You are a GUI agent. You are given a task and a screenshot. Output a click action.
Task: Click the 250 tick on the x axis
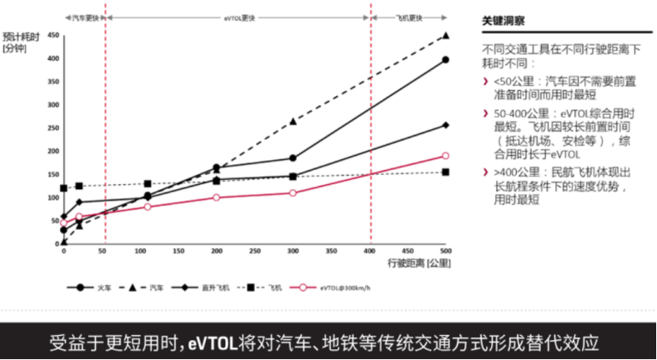[254, 250]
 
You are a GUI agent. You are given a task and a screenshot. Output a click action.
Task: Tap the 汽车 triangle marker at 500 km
[446, 36]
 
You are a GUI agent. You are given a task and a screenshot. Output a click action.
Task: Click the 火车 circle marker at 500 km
[446, 60]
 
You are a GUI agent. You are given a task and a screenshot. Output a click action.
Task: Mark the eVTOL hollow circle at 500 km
[446, 156]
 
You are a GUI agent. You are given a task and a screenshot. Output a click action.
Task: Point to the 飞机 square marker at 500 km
[446, 172]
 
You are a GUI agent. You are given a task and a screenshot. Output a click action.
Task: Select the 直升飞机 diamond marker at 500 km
[446, 126]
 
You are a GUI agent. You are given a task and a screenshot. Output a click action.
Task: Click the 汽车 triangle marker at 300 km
[293, 121]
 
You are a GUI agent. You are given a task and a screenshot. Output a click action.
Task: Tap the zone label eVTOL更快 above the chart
[238, 17]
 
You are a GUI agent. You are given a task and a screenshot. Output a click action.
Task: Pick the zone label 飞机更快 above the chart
[408, 17]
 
